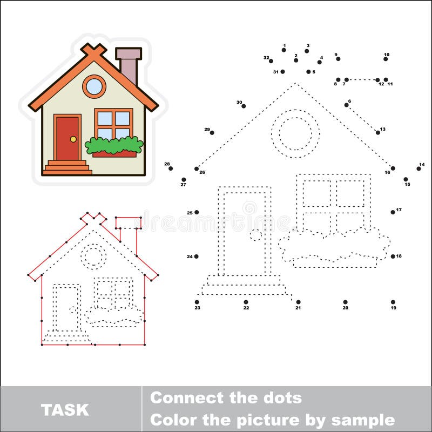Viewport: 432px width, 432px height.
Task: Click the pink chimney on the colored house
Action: (x=129, y=66)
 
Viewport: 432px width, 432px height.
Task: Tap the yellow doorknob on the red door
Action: (x=73, y=139)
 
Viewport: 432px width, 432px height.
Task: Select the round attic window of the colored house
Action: (x=94, y=86)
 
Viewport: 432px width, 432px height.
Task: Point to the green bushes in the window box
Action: (x=114, y=145)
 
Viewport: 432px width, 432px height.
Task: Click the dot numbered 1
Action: (x=284, y=50)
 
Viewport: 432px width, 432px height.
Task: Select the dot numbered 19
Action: (x=393, y=302)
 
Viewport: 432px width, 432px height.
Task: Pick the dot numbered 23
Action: (x=197, y=302)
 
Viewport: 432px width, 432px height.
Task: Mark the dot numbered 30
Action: (x=244, y=106)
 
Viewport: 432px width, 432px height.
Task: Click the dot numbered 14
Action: (x=418, y=168)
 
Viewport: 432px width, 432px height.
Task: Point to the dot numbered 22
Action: (x=246, y=302)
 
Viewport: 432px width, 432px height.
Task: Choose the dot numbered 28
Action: (x=171, y=168)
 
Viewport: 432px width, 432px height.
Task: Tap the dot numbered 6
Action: (x=346, y=105)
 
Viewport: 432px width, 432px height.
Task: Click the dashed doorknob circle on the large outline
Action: (x=255, y=235)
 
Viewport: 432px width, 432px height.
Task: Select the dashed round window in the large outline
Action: (x=295, y=133)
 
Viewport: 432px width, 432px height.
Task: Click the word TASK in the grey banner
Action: (x=65, y=409)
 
